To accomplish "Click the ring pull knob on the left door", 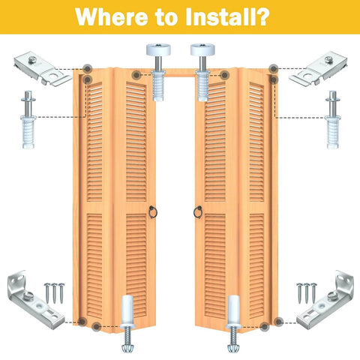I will pyautogui.click(x=151, y=212).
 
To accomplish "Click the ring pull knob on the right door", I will pyautogui.click(x=199, y=212).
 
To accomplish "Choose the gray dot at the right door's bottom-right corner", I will pyautogui.click(x=279, y=322).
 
